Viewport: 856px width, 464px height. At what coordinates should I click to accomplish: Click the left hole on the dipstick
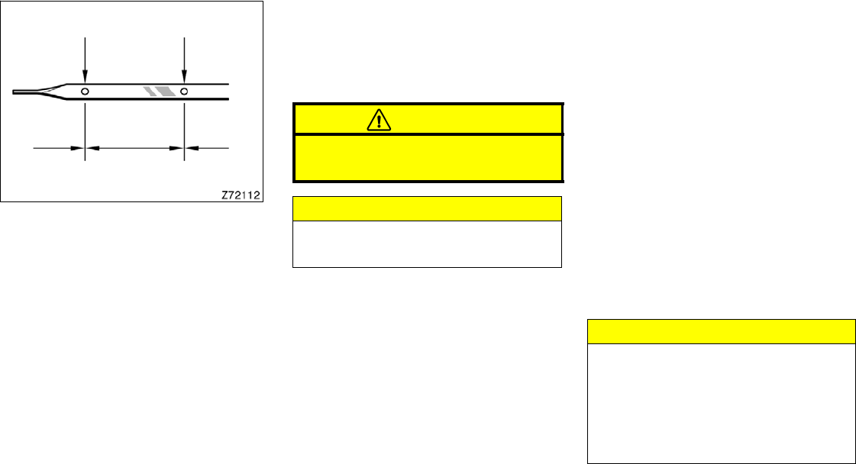tap(85, 91)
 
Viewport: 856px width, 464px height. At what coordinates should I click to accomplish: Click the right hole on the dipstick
tap(184, 91)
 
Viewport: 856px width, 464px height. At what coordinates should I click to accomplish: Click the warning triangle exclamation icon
tap(379, 119)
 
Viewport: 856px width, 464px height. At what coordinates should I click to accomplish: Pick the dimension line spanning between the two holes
tap(134, 147)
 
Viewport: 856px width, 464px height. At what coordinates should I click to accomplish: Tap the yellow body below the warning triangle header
tap(428, 157)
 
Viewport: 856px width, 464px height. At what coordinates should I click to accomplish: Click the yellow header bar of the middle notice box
tap(428, 208)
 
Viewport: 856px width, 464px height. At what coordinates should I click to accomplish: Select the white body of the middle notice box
tap(428, 243)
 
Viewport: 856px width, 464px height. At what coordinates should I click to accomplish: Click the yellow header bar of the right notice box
tap(721, 331)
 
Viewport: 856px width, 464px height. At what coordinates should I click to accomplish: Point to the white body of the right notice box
tap(721, 403)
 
